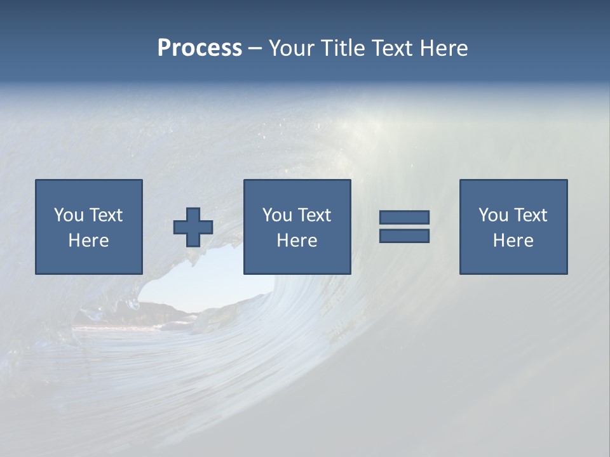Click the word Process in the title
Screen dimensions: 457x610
pos(200,48)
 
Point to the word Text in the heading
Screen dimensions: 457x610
pos(391,48)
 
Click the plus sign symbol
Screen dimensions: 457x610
pos(193,227)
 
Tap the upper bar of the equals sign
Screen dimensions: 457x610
pos(404,217)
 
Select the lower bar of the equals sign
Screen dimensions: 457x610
pos(404,235)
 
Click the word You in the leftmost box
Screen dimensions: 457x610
pos(69,215)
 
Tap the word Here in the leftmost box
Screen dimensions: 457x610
pos(88,241)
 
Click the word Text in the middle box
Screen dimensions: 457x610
pos(314,215)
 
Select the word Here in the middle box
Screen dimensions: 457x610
pos(297,241)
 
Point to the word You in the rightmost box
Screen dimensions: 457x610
pos(493,215)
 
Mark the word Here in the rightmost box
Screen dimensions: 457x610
pos(513,241)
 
